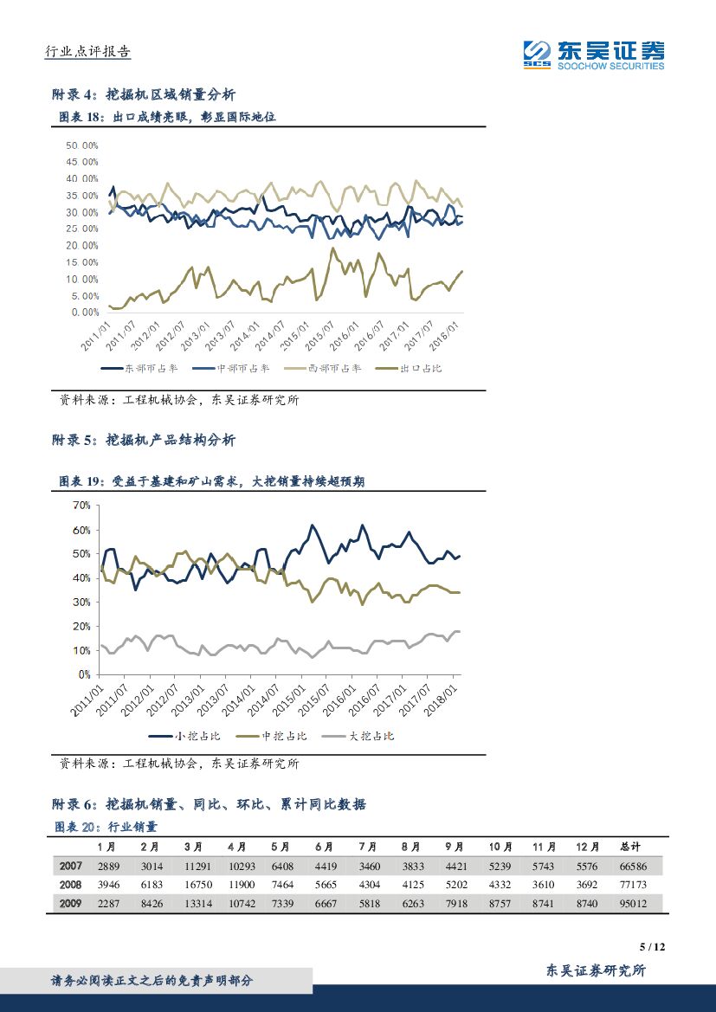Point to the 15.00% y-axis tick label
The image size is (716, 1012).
coord(82,262)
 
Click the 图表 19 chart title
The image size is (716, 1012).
coord(211,481)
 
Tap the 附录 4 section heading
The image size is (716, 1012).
coord(144,94)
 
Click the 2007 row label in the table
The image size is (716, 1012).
coord(71,866)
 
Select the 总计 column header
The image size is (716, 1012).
coord(631,846)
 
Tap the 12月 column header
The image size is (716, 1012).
coord(586,846)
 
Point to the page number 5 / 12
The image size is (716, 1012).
coord(651,947)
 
